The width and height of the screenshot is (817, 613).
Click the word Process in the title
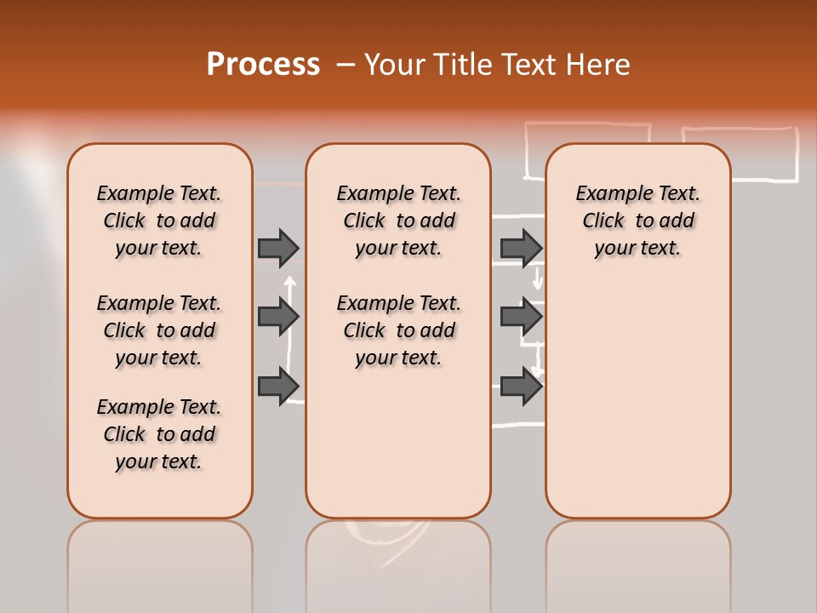(263, 65)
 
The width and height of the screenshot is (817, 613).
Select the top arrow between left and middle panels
(278, 248)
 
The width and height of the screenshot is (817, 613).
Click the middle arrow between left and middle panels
(278, 317)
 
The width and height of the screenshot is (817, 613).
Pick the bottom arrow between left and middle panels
(278, 386)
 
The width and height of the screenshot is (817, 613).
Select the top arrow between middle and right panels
(521, 248)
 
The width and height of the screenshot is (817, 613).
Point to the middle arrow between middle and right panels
(521, 317)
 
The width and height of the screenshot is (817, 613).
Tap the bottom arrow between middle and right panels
(521, 386)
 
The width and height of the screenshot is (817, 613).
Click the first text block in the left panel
(159, 221)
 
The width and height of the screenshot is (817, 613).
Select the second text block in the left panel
(159, 330)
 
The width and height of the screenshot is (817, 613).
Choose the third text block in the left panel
(159, 434)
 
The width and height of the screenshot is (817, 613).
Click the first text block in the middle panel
(398, 221)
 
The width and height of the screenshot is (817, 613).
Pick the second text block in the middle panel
(398, 330)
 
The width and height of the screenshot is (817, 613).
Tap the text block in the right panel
(637, 221)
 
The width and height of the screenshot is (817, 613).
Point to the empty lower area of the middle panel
(398, 443)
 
